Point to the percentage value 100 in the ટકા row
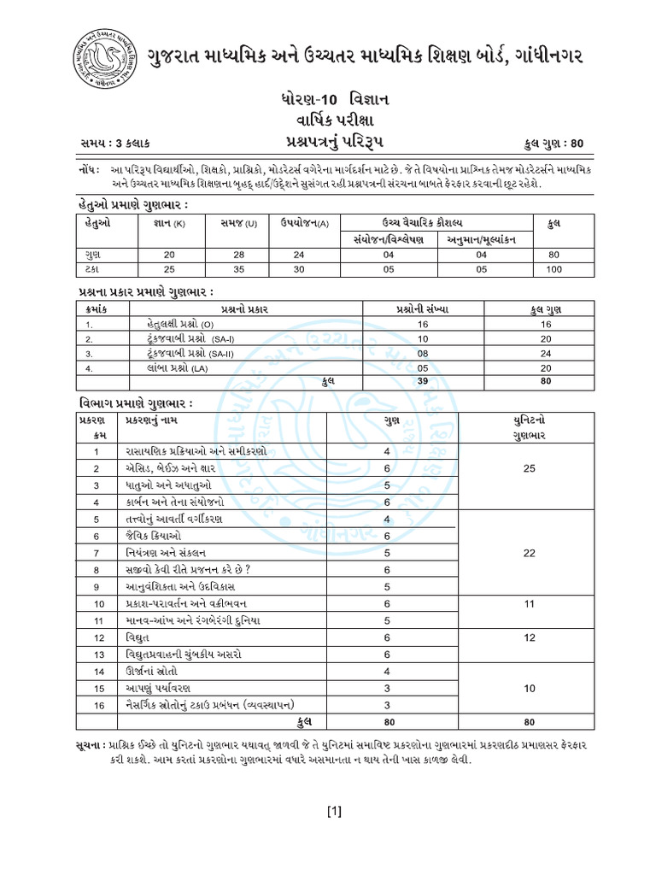(553, 269)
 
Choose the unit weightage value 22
(530, 553)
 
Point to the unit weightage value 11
(530, 604)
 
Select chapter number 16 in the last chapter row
(98, 705)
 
